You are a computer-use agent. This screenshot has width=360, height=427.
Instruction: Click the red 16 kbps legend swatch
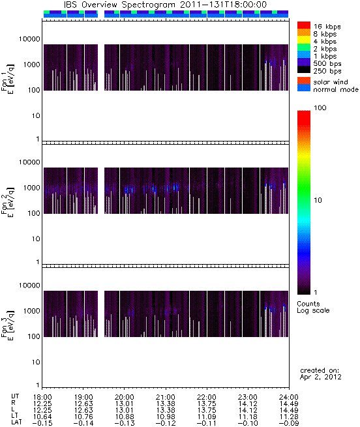(x=304, y=25)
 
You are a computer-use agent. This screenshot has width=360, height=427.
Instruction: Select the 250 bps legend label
(x=327, y=71)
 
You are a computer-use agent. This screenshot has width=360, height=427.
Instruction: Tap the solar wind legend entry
(x=330, y=82)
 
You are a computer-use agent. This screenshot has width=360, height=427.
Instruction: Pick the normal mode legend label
(x=336, y=89)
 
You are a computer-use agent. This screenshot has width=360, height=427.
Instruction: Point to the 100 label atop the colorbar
(x=320, y=108)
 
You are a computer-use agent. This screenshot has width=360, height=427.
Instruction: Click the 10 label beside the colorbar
(x=318, y=200)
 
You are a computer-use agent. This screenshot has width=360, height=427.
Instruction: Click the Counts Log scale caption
(x=313, y=307)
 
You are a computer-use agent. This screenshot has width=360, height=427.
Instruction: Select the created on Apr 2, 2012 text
(x=320, y=374)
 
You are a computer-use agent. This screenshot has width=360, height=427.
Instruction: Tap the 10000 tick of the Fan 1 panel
(x=29, y=39)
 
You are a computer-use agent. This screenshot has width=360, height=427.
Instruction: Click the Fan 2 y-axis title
(x=8, y=201)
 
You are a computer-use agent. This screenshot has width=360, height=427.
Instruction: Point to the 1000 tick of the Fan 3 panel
(x=31, y=311)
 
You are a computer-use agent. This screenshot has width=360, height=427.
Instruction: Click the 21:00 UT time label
(x=166, y=397)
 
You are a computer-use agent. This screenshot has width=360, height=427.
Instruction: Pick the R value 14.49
(x=289, y=404)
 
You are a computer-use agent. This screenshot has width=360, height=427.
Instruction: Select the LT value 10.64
(x=42, y=417)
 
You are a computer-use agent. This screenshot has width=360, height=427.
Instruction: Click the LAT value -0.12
(x=165, y=424)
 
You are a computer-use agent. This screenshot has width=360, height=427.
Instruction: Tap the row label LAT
(x=16, y=423)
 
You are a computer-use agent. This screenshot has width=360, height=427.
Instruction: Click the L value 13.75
(x=206, y=411)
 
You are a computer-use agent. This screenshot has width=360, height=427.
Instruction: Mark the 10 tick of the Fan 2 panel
(x=36, y=239)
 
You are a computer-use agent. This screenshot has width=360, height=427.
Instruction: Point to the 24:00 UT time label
(x=289, y=397)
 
